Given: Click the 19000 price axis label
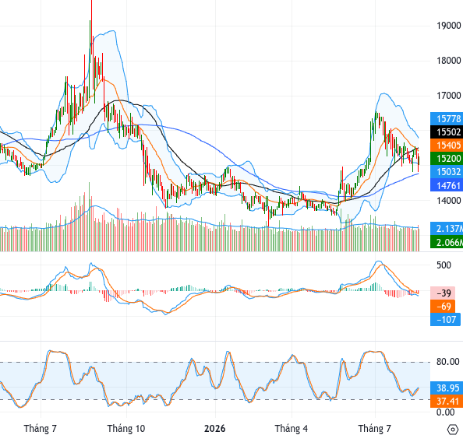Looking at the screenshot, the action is (x=448, y=26).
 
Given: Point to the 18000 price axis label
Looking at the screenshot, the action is (x=448, y=61).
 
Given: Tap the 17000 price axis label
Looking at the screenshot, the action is (x=448, y=96).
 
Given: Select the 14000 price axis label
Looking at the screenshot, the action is (x=448, y=201).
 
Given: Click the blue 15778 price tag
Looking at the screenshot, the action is (x=447, y=119).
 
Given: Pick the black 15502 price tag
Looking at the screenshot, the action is (x=447, y=132).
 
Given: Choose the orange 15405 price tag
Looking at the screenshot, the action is (x=447, y=146).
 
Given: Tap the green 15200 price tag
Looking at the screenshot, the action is (x=447, y=159).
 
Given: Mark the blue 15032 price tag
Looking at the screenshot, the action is (x=447, y=172).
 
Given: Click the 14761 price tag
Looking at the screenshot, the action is (x=447, y=186).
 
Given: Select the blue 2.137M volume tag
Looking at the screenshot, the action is (x=447, y=229).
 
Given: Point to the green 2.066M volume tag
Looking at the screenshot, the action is (x=447, y=242).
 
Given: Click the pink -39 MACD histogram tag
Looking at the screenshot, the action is (x=443, y=293).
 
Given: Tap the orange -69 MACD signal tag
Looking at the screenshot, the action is (x=443, y=307).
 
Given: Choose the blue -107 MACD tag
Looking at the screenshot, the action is (x=445, y=320).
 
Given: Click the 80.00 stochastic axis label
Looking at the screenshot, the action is (x=447, y=362).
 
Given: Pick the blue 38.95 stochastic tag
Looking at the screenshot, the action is (x=447, y=388).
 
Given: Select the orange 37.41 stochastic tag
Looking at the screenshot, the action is (x=447, y=402).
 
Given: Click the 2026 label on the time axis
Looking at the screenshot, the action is (x=214, y=429).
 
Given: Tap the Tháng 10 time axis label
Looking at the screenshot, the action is (x=126, y=429).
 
